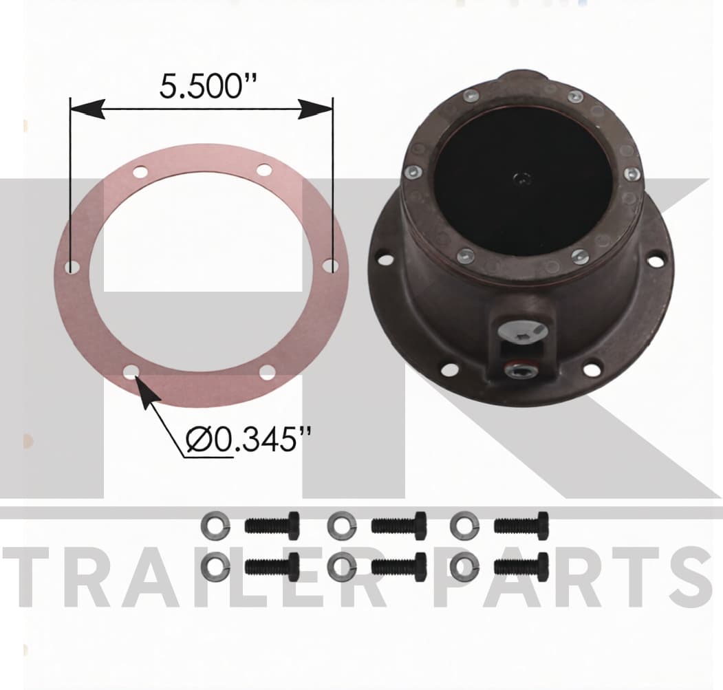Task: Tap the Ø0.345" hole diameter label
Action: pos(248,439)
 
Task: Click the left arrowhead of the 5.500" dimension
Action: pos(87,109)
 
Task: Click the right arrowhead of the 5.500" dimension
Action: pos(315,109)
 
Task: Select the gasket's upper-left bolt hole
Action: pos(140,173)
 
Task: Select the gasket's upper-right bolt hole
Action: pos(264,170)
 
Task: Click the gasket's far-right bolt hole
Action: pos(329,266)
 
